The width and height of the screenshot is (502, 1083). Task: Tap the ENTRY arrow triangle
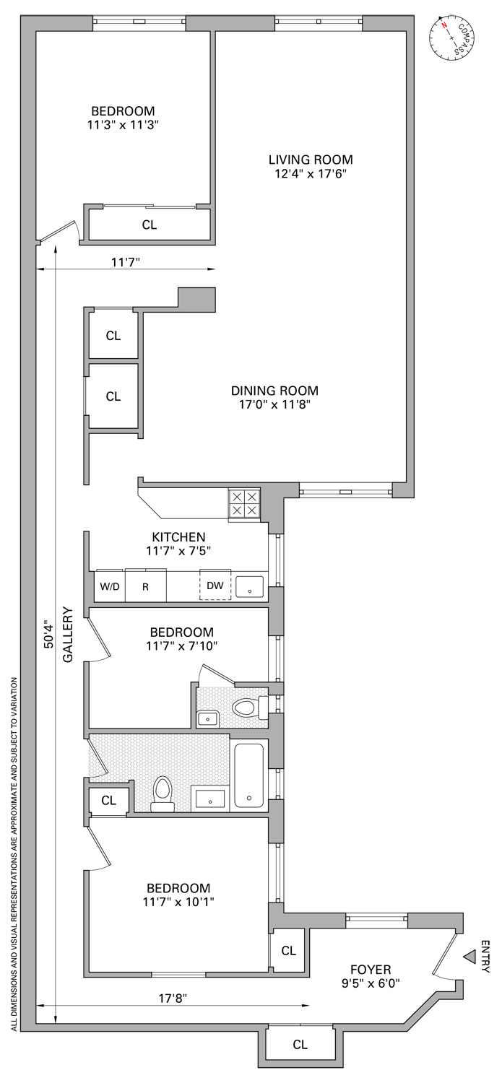pyautogui.click(x=469, y=957)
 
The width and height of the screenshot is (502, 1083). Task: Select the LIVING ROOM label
pyautogui.click(x=311, y=160)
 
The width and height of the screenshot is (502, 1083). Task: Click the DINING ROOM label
pyautogui.click(x=274, y=391)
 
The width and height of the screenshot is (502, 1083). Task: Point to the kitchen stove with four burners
pyautogui.click(x=243, y=503)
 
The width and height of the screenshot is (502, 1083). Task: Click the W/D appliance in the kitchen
pyautogui.click(x=110, y=586)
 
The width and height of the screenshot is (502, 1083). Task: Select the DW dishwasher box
pyautogui.click(x=215, y=586)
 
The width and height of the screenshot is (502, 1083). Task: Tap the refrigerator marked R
pyautogui.click(x=145, y=586)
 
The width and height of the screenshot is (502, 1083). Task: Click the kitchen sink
pyautogui.click(x=249, y=586)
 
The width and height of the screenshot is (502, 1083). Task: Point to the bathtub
pyautogui.click(x=249, y=775)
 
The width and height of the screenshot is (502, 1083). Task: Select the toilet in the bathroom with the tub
pyautogui.click(x=163, y=793)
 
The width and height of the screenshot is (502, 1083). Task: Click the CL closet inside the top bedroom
pyautogui.click(x=149, y=225)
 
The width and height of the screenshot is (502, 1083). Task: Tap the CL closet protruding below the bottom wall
pyautogui.click(x=300, y=1044)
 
